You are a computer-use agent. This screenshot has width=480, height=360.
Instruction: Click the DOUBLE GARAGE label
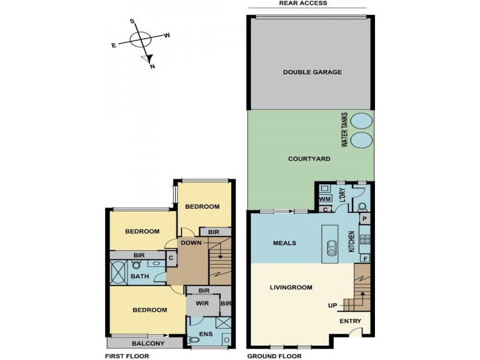pyautogui.click(x=312, y=72)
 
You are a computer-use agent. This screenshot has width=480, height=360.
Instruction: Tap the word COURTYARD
pyautogui.click(x=310, y=159)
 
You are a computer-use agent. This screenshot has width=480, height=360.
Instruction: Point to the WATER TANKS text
pyautogui.click(x=344, y=130)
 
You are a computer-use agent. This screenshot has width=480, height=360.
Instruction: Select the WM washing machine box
pyautogui.click(x=325, y=199)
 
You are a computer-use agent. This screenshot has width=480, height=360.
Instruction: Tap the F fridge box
pyautogui.click(x=364, y=258)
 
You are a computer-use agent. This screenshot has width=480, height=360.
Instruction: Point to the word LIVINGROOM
pyautogui.click(x=290, y=287)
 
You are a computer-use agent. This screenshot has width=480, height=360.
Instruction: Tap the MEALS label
pyautogui.click(x=284, y=243)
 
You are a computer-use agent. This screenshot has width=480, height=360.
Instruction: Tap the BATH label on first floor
pyautogui.click(x=140, y=277)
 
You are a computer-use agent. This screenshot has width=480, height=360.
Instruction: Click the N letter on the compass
pyautogui.click(x=152, y=67)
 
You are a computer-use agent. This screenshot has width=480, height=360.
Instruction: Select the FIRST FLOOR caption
pyautogui.click(x=127, y=356)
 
